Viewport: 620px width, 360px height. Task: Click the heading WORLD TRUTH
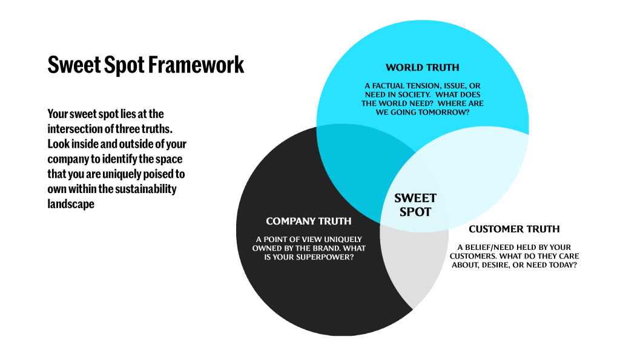[423, 67]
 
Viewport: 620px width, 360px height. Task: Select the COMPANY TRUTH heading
[309, 221]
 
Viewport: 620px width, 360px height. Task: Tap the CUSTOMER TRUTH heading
[514, 229]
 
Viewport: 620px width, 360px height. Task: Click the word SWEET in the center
[415, 198]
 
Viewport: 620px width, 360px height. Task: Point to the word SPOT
[415, 212]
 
